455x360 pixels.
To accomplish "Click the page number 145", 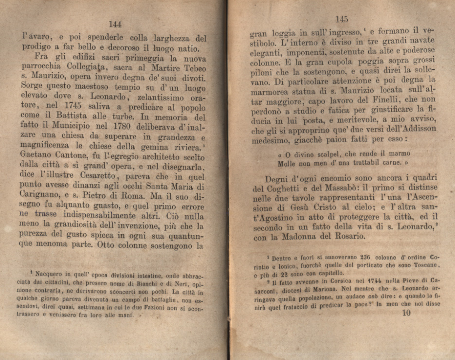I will click(342, 19).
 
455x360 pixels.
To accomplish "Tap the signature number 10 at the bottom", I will click(406, 313).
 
